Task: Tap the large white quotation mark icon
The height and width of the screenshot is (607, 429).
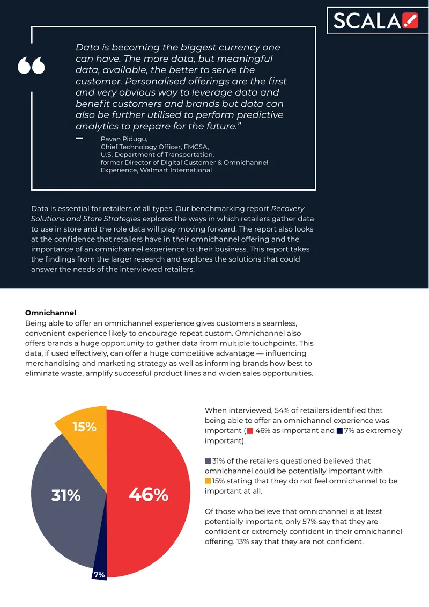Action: pyautogui.click(x=31, y=66)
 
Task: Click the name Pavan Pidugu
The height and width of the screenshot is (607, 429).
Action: pyautogui.click(x=124, y=139)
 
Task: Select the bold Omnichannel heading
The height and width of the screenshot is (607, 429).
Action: pyautogui.click(x=50, y=313)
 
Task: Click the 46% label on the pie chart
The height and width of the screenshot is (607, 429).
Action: pyautogui.click(x=149, y=495)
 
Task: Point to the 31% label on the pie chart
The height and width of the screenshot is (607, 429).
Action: pyautogui.click(x=66, y=495)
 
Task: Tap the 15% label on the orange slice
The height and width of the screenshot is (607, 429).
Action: pyautogui.click(x=85, y=427)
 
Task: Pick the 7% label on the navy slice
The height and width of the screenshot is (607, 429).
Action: pyautogui.click(x=99, y=575)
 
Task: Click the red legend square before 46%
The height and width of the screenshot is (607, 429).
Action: pyautogui.click(x=250, y=431)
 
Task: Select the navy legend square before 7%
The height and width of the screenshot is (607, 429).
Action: pyautogui.click(x=340, y=431)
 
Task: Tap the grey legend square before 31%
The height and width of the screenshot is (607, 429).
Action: pyautogui.click(x=208, y=461)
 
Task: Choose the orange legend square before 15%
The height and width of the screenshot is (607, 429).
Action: pyautogui.click(x=208, y=481)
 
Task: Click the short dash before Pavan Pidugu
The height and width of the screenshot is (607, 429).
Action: pyautogui.click(x=79, y=138)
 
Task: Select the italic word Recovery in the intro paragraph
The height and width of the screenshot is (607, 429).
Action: pyautogui.click(x=287, y=208)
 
